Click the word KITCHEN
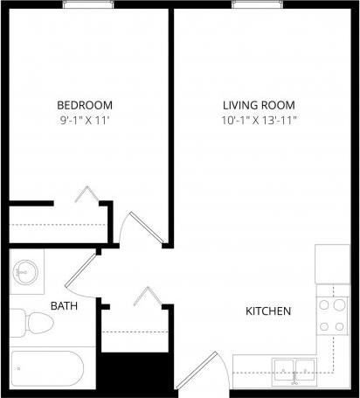pos(268,311)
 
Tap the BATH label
pos(62,306)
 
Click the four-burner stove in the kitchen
pos(331,316)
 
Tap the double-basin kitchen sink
pos(294,370)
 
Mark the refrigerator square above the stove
pos(332,263)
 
